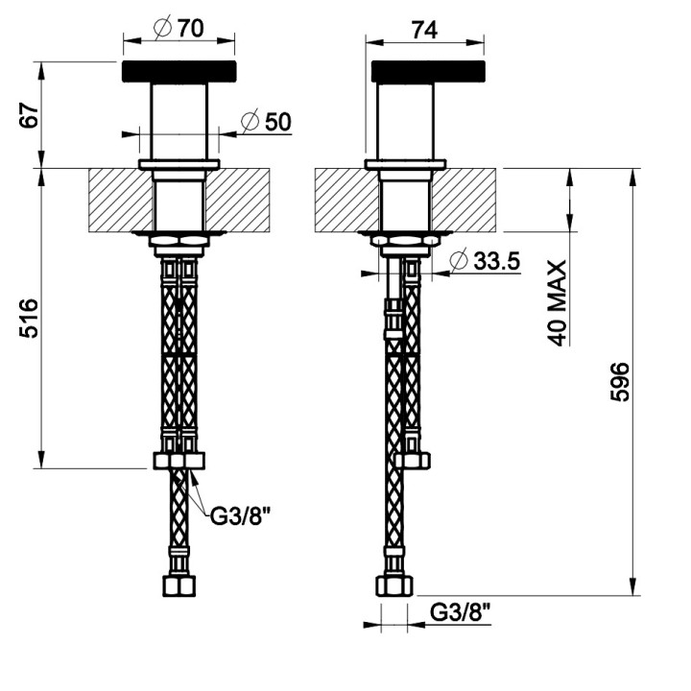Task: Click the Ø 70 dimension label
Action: click(179, 29)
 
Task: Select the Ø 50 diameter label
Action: click(266, 121)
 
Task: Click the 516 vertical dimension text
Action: click(31, 318)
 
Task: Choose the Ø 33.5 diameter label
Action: click(483, 260)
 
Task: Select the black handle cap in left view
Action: click(179, 73)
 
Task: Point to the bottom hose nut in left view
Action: click(179, 587)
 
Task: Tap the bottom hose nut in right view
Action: click(393, 587)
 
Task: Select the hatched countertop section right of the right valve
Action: click(468, 200)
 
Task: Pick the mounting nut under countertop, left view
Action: click(179, 241)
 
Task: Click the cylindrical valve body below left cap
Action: click(179, 120)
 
